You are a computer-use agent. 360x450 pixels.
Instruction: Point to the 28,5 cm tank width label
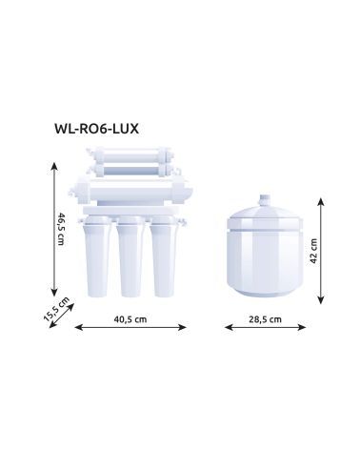coord(266,319)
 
